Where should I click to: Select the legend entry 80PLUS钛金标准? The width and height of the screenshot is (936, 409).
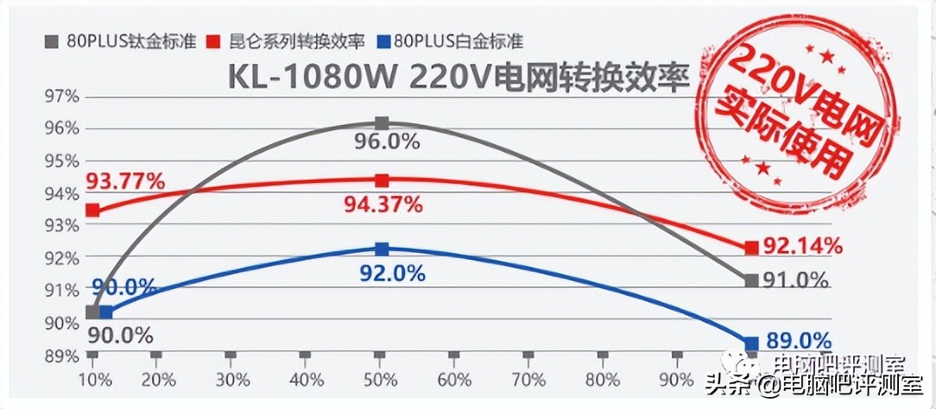click(121, 41)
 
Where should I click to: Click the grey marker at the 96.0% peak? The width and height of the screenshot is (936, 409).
click(382, 124)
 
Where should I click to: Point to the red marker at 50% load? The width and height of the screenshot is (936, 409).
click(382, 180)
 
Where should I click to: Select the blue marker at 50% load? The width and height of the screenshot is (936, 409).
click(382, 249)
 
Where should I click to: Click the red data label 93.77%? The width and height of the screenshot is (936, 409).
click(125, 181)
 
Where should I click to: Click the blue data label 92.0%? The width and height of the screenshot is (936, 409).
click(390, 274)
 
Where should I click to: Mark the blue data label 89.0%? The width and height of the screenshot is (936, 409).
click(796, 341)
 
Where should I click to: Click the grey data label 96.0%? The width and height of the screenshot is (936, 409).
click(386, 142)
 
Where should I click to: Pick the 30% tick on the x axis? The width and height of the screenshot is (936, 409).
click(230, 381)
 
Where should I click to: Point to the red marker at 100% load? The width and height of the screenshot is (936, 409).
click(751, 248)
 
